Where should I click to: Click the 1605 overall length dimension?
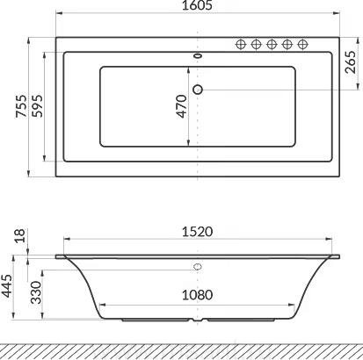pyautogui.click(x=197, y=5)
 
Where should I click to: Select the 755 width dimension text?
pyautogui.click(x=21, y=106)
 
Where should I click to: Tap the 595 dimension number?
pyautogui.click(x=37, y=106)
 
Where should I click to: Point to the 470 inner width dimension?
pyautogui.click(x=182, y=106)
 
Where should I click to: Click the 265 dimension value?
pyautogui.click(x=351, y=62)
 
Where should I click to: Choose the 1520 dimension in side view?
pyautogui.click(x=198, y=232)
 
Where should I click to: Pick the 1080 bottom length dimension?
pyautogui.click(x=198, y=295)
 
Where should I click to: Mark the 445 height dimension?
pyautogui.click(x=7, y=286)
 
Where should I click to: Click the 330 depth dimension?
pyautogui.click(x=36, y=292)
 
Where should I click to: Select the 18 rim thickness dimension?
pyautogui.click(x=20, y=236)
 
